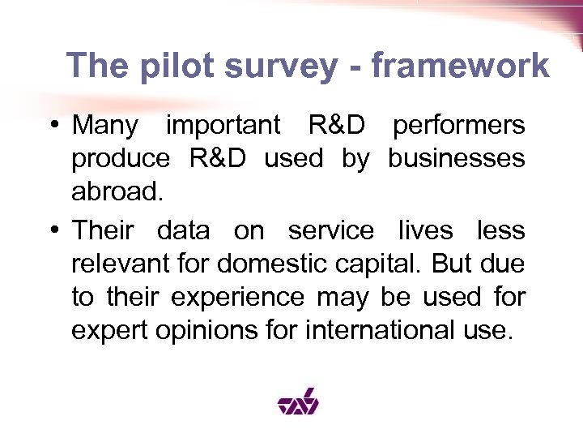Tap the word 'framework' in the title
click(460, 66)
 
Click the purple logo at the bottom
click(298, 400)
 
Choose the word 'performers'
click(458, 127)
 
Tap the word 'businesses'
click(456, 159)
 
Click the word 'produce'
click(121, 160)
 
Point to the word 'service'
click(331, 231)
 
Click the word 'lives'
click(425, 231)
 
